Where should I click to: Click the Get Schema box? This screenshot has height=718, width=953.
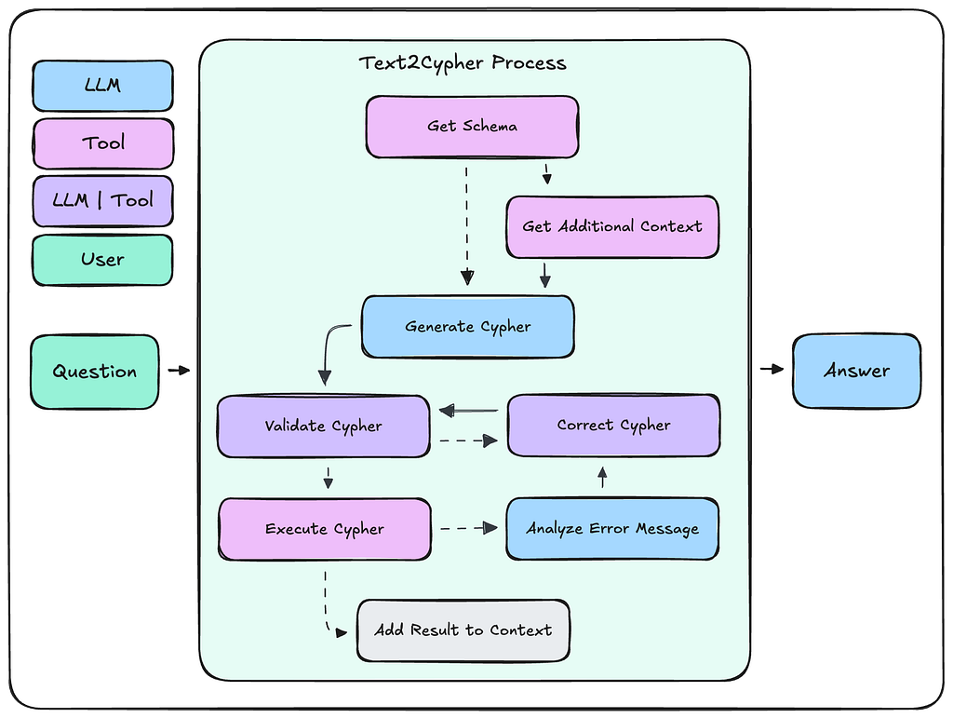[471, 126]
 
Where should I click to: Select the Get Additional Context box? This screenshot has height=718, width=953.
[612, 226]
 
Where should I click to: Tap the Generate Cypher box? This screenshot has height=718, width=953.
[467, 327]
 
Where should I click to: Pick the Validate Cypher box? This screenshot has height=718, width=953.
[323, 427]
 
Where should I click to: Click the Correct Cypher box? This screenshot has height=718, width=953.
[612, 425]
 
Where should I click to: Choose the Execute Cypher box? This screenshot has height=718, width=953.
[324, 529]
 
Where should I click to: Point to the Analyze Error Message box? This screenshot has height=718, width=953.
[612, 529]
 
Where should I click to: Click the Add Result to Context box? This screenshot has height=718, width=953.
[463, 630]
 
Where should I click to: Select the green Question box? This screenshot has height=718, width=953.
[94, 372]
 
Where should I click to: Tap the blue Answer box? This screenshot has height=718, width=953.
[856, 371]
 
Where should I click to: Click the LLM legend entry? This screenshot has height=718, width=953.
[102, 86]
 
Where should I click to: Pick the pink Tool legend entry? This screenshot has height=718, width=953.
[102, 142]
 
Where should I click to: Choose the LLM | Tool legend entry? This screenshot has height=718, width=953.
[102, 200]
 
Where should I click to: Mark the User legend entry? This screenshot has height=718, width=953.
[102, 259]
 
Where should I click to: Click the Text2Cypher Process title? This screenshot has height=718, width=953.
[463, 63]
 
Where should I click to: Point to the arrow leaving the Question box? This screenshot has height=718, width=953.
[179, 371]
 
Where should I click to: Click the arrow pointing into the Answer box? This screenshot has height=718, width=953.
[772, 370]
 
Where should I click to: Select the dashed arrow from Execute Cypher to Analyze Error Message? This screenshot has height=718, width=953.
[468, 528]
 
